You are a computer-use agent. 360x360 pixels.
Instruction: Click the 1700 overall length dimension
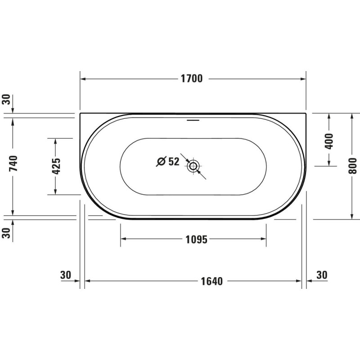pos(192,78)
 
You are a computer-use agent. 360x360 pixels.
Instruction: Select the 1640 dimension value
pos(211,281)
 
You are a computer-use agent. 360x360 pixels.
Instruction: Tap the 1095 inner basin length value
pos(196,239)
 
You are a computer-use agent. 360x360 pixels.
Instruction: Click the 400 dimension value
pos(329,141)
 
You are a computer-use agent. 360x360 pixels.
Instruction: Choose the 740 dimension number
pos(13,163)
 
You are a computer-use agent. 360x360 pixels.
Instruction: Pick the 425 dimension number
pos(56,166)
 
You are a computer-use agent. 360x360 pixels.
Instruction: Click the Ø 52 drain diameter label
pos(167,162)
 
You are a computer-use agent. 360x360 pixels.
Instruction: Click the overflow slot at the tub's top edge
pos(193,120)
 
